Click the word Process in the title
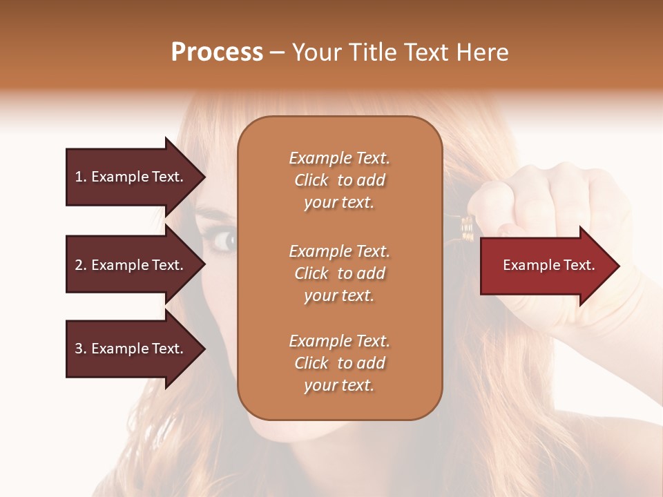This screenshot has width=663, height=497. (x=217, y=52)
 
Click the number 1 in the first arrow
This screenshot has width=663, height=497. (x=79, y=177)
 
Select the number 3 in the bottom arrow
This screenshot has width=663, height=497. (x=79, y=349)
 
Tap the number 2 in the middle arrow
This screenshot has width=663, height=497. (x=79, y=265)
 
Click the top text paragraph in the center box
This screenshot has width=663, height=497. (x=339, y=180)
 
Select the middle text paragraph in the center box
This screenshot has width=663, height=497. (x=339, y=273)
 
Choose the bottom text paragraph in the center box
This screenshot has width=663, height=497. (x=339, y=363)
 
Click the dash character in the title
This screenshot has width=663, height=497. (x=277, y=52)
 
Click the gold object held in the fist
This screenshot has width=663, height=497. (x=467, y=228)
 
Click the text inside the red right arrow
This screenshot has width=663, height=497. (x=549, y=265)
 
